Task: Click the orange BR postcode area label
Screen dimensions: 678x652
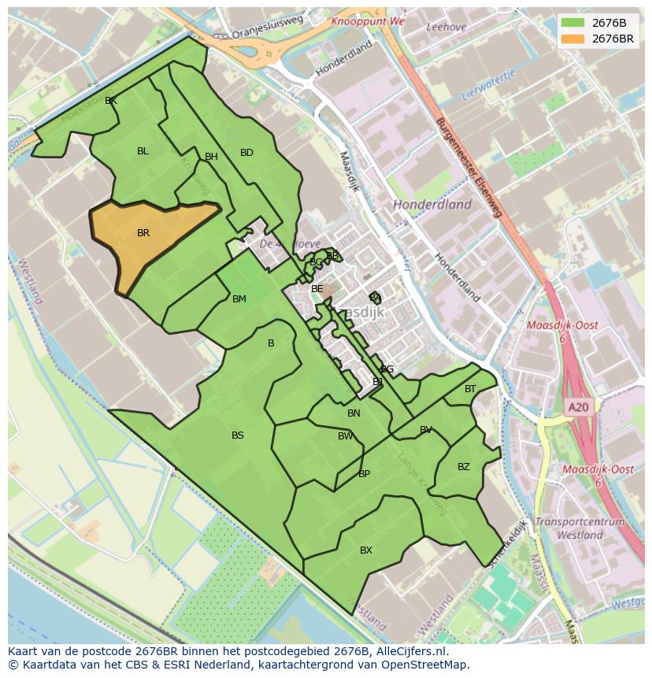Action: [x=143, y=233]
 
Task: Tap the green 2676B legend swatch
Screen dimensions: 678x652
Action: [x=573, y=22]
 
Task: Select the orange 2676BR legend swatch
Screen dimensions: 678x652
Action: [x=573, y=38]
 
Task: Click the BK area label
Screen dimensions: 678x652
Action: [x=111, y=101]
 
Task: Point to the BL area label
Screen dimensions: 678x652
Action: [x=143, y=151]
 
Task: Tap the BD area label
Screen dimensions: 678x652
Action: [x=246, y=153]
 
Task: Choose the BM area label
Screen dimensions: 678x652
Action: [x=239, y=299]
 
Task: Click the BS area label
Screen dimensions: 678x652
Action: [x=238, y=435]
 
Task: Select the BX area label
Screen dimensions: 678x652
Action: [x=366, y=550]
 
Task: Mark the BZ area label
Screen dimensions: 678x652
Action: [x=464, y=467]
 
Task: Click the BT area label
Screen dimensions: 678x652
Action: [x=470, y=389]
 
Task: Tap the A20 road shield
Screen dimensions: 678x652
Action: [x=578, y=407]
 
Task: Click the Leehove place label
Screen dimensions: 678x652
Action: [x=446, y=27]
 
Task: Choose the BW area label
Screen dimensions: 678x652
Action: [x=346, y=436]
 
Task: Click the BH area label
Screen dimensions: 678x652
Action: [x=211, y=157]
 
